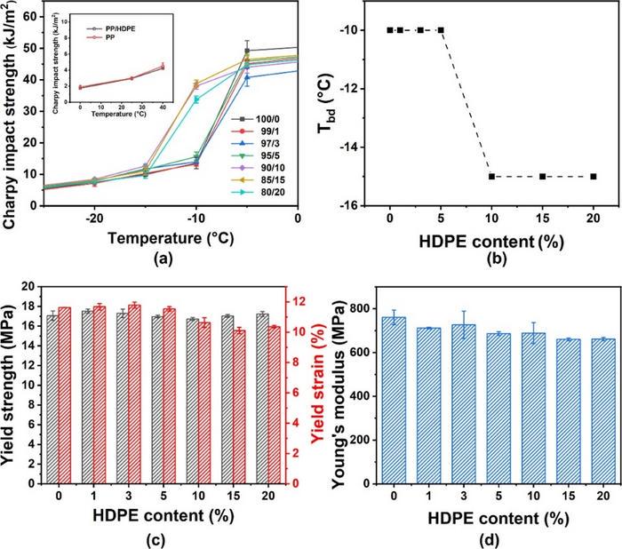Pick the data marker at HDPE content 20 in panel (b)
594,176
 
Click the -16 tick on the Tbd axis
367,205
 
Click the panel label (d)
482,537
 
